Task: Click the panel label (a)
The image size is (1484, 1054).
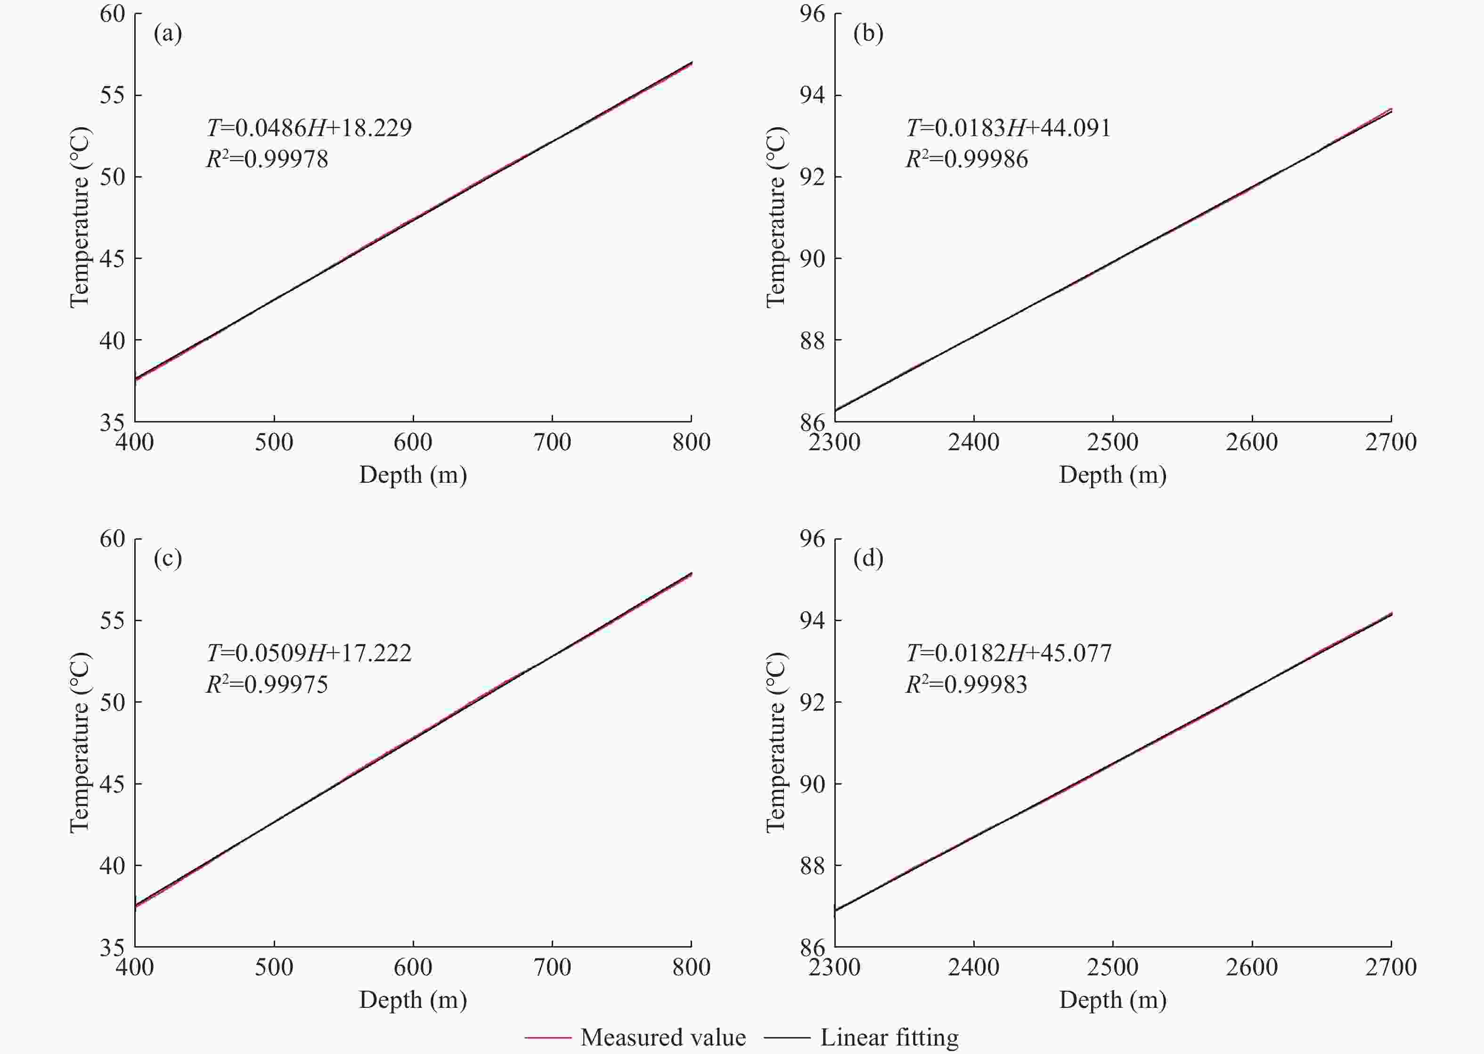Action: pyautogui.click(x=168, y=33)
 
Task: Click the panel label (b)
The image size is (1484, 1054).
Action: pyautogui.click(x=868, y=33)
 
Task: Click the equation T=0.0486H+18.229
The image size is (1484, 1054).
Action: pyautogui.click(x=309, y=128)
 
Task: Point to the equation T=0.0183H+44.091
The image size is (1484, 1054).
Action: pyautogui.click(x=1009, y=128)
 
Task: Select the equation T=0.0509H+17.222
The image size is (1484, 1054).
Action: pyautogui.click(x=309, y=653)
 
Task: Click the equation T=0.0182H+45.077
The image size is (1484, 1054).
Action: pyautogui.click(x=1009, y=653)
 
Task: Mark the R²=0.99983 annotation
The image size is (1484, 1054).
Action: pyautogui.click(x=967, y=684)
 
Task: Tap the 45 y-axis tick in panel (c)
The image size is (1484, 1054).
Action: pyautogui.click(x=112, y=784)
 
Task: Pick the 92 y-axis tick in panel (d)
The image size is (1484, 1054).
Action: pyautogui.click(x=812, y=702)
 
